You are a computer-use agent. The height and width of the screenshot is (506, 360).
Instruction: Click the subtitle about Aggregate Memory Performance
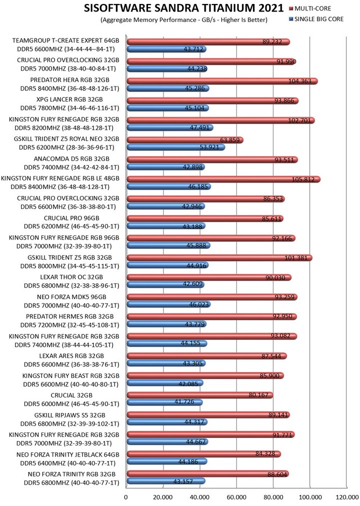pyautogui.click(x=183, y=20)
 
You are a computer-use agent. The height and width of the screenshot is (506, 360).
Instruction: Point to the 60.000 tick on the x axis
pyautogui.click(x=236, y=497)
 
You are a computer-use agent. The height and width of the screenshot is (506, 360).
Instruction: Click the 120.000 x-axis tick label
pyautogui.click(x=346, y=497)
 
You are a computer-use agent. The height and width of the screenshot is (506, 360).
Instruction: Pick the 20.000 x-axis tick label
pyautogui.click(x=163, y=497)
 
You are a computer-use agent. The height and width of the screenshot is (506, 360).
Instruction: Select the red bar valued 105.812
pyautogui.click(x=223, y=179)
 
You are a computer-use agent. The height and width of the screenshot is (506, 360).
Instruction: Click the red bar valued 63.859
pyautogui.click(x=184, y=140)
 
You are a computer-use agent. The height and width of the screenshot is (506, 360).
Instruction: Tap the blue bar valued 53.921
pyautogui.click(x=176, y=147)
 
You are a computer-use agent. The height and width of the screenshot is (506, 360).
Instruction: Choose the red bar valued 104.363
pyautogui.click(x=222, y=81)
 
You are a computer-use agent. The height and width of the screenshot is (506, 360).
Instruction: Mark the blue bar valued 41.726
pyautogui.click(x=164, y=402)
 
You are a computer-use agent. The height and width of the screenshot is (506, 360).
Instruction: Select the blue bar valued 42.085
pyautogui.click(x=165, y=383)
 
